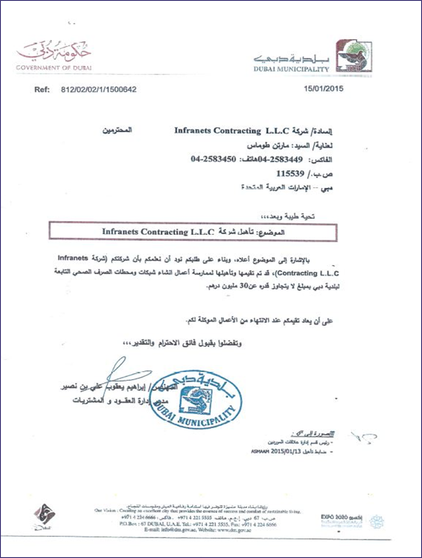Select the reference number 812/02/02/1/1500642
click(99, 90)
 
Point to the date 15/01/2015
click(323, 89)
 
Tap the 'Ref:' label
click(42, 90)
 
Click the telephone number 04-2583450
click(213, 159)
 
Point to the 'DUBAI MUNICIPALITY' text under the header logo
click(291, 69)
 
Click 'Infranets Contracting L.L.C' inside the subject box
click(158, 232)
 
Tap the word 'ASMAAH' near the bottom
click(260, 452)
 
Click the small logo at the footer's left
click(43, 515)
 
